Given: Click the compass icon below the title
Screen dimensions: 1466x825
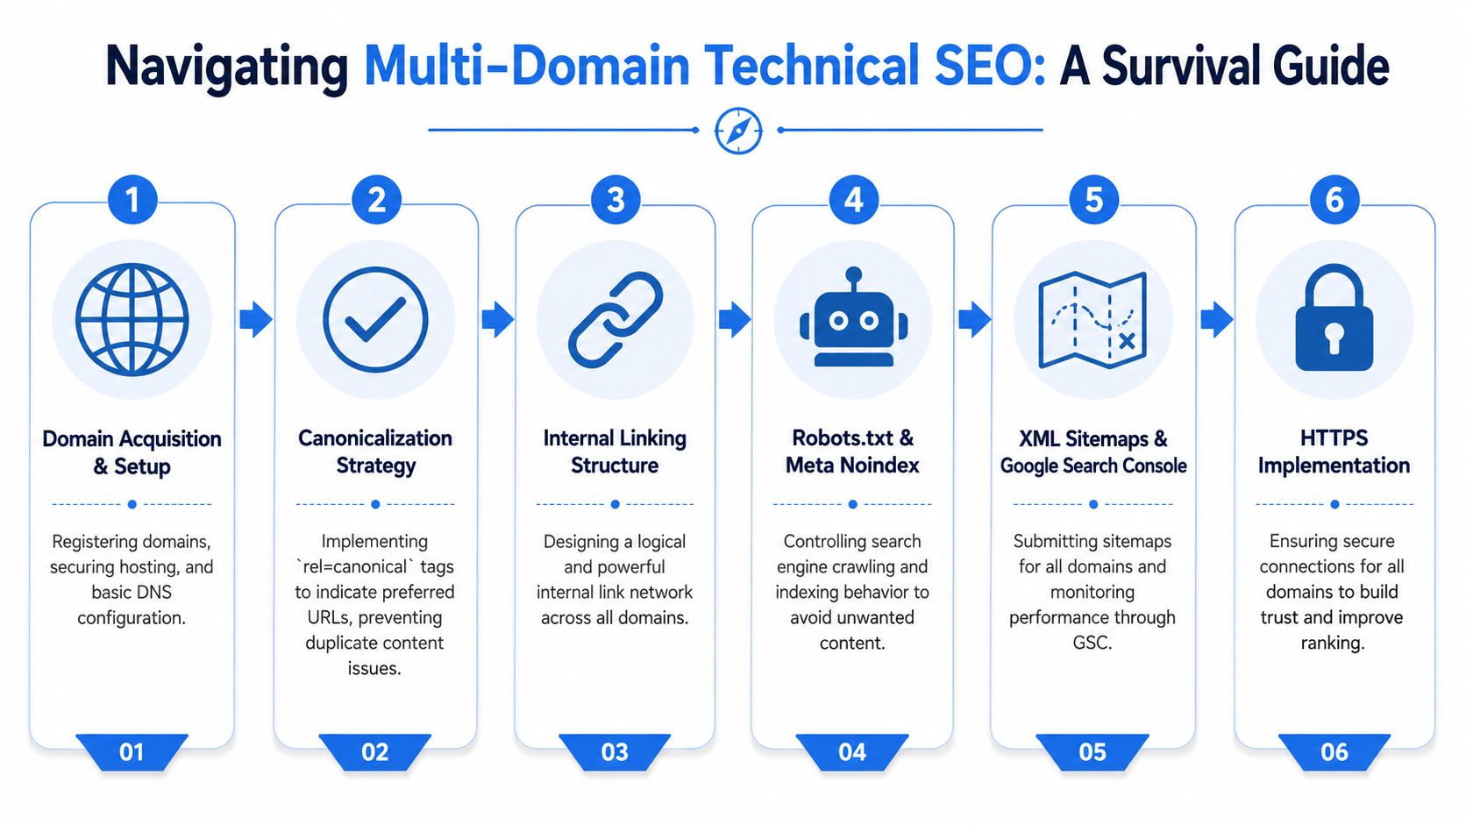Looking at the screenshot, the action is (x=737, y=131).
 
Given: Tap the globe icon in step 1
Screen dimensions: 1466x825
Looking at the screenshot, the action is (x=132, y=319).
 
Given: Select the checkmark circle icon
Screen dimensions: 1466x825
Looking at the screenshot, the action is (x=375, y=319).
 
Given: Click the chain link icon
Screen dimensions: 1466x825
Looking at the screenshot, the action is (x=616, y=319).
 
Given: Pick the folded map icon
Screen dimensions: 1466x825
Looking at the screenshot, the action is (x=1092, y=319).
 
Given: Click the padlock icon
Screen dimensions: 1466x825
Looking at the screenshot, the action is (x=1334, y=317).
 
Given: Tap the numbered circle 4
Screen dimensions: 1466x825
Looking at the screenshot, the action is (x=853, y=200).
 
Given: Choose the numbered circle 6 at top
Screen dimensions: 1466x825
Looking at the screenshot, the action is (x=1334, y=200).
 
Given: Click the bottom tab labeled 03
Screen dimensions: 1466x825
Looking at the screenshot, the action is (x=615, y=751).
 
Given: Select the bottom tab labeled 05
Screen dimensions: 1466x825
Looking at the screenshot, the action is (x=1092, y=751).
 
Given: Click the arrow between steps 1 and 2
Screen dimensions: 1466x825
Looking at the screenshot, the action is (x=256, y=319).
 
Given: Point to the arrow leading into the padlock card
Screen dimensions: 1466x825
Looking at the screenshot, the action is (x=1217, y=319).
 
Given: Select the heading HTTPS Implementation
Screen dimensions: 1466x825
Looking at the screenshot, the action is (x=1334, y=452).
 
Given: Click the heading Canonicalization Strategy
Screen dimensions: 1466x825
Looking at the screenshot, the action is (x=375, y=452).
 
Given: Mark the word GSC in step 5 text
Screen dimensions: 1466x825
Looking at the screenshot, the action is (x=1092, y=643).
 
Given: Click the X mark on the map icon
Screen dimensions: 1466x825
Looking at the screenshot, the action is (x=1127, y=341).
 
